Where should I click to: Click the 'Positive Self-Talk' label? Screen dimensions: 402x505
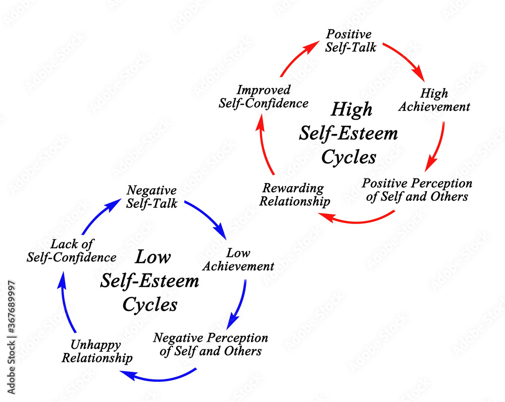click(349, 41)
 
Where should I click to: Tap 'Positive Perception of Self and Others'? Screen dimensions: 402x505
click(417, 190)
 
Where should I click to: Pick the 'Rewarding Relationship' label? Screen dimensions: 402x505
click(296, 195)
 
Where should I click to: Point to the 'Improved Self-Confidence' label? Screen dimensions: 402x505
click(263, 97)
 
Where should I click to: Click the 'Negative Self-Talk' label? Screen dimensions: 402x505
click(151, 197)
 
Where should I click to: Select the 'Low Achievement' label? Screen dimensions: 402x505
click(239, 259)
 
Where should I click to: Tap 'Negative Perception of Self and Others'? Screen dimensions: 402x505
click(211, 344)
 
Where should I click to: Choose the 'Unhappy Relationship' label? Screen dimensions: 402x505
click(102, 351)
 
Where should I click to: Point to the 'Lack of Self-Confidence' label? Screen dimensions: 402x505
click(71, 251)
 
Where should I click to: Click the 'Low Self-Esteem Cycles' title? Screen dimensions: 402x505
click(150, 281)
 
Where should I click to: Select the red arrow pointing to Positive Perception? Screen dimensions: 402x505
click(437, 147)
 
